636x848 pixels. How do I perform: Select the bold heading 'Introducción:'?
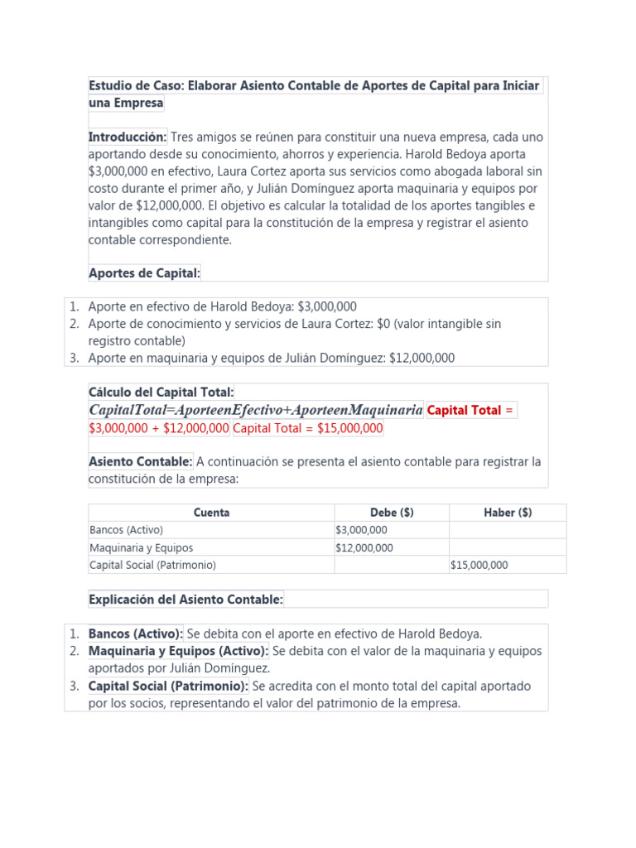click(128, 137)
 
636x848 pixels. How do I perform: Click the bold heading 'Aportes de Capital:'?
click(144, 273)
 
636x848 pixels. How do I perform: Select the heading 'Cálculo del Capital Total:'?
click(161, 392)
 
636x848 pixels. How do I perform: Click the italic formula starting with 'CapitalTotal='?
click(255, 410)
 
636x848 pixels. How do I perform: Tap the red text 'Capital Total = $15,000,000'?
click(308, 428)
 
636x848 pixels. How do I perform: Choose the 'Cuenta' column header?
click(211, 513)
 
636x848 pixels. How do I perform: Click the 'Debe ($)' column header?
click(391, 513)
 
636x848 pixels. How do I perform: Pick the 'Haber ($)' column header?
click(508, 513)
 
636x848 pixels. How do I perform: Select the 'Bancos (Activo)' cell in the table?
click(126, 530)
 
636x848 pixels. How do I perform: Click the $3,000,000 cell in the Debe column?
click(361, 530)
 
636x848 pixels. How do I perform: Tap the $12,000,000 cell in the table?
click(364, 547)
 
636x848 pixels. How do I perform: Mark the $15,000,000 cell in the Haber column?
click(479, 566)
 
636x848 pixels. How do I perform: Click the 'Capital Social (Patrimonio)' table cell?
click(152, 566)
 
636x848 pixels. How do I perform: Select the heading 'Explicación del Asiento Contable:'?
click(185, 599)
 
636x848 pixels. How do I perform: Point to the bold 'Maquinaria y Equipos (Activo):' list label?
click(178, 651)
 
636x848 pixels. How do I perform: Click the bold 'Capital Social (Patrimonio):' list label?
click(168, 686)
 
